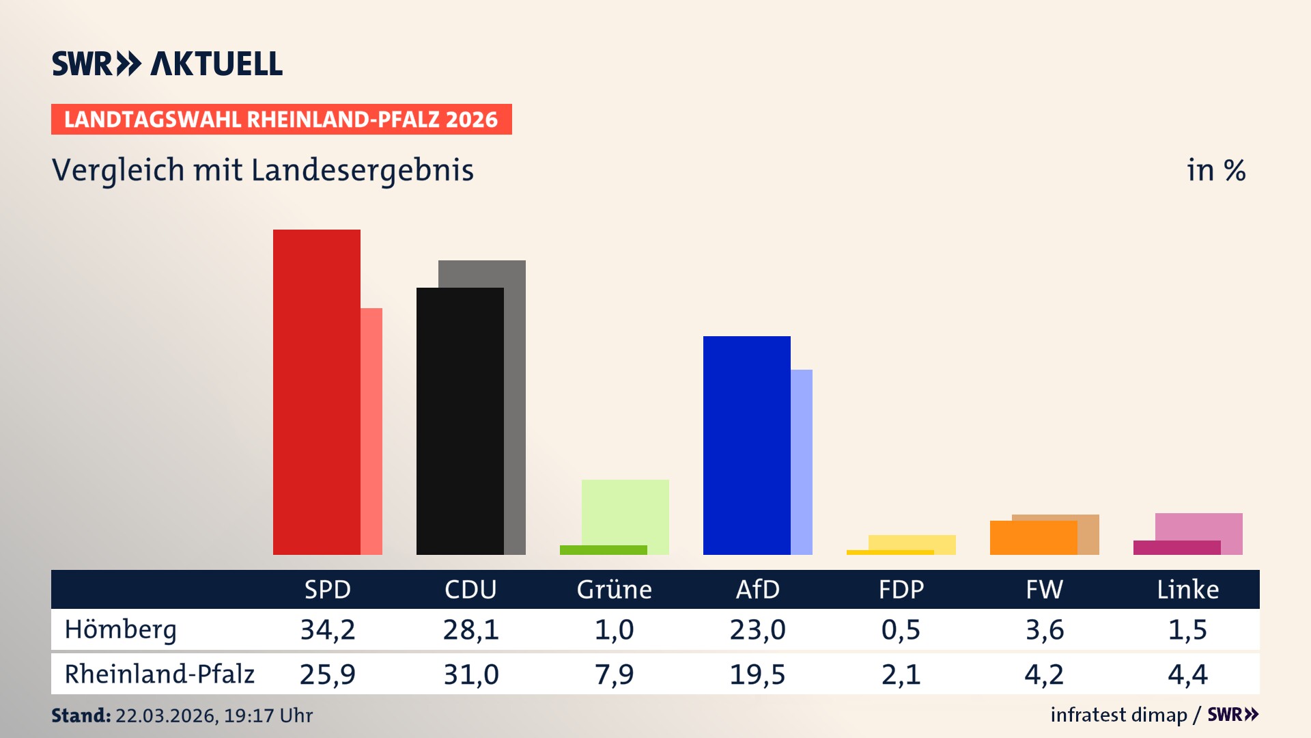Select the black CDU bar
[x=460, y=421]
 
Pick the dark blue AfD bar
[x=747, y=445]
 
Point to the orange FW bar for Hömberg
[x=1034, y=538]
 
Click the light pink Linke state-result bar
[x=1199, y=526]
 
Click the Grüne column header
[x=614, y=590]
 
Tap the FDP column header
[x=901, y=590]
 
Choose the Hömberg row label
[x=121, y=629]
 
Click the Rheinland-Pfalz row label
[x=159, y=674]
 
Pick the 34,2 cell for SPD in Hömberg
[x=328, y=629]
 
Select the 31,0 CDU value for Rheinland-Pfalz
[x=471, y=674]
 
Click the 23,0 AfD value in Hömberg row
[x=757, y=629]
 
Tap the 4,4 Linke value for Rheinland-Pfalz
[x=1187, y=674]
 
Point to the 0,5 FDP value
[x=901, y=629]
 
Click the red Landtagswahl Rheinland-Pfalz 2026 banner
[x=281, y=120]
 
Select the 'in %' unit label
[x=1216, y=170]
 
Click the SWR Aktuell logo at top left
[x=167, y=64]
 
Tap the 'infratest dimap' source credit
[x=1118, y=715]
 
